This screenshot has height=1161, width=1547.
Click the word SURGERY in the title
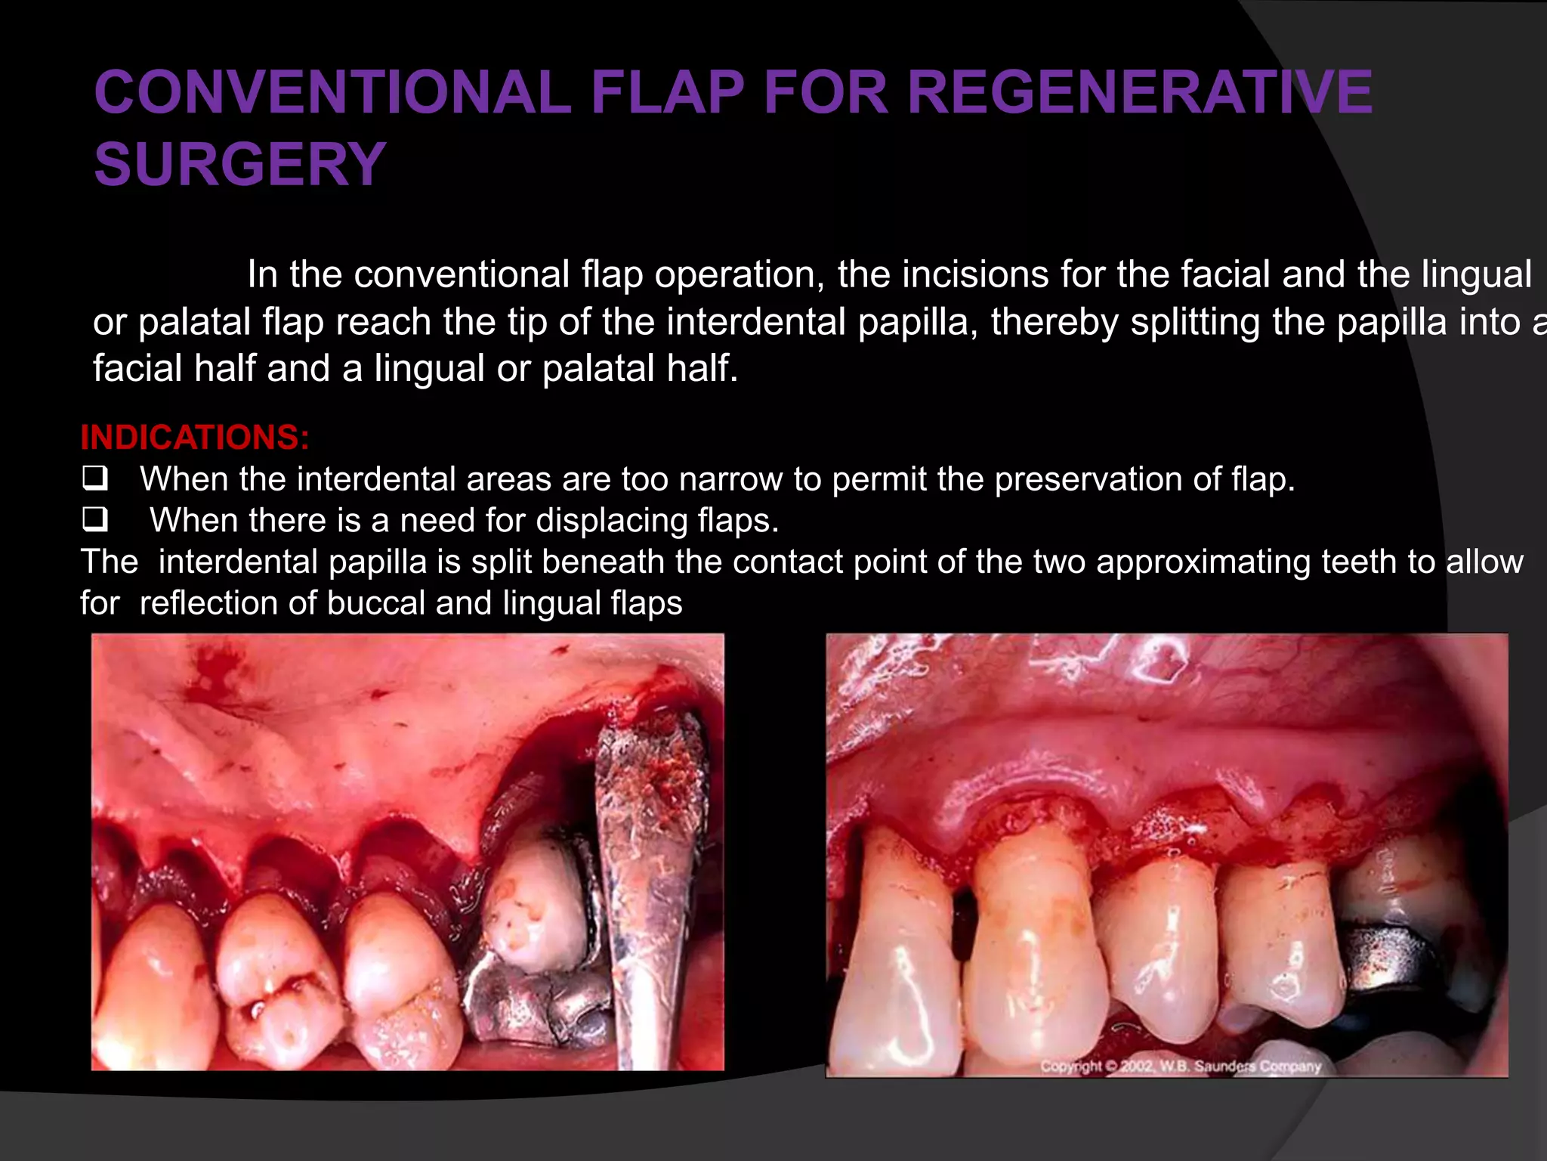(240, 164)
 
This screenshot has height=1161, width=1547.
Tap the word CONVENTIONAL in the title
(332, 92)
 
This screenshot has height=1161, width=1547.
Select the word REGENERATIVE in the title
(1139, 92)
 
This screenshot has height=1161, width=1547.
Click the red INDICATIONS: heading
(195, 437)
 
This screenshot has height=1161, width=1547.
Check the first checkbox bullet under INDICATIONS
(95, 478)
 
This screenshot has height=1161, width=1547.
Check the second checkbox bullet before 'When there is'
(95, 519)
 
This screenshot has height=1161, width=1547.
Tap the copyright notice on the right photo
(1180, 1066)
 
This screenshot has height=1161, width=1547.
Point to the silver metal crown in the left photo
(529, 1005)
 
